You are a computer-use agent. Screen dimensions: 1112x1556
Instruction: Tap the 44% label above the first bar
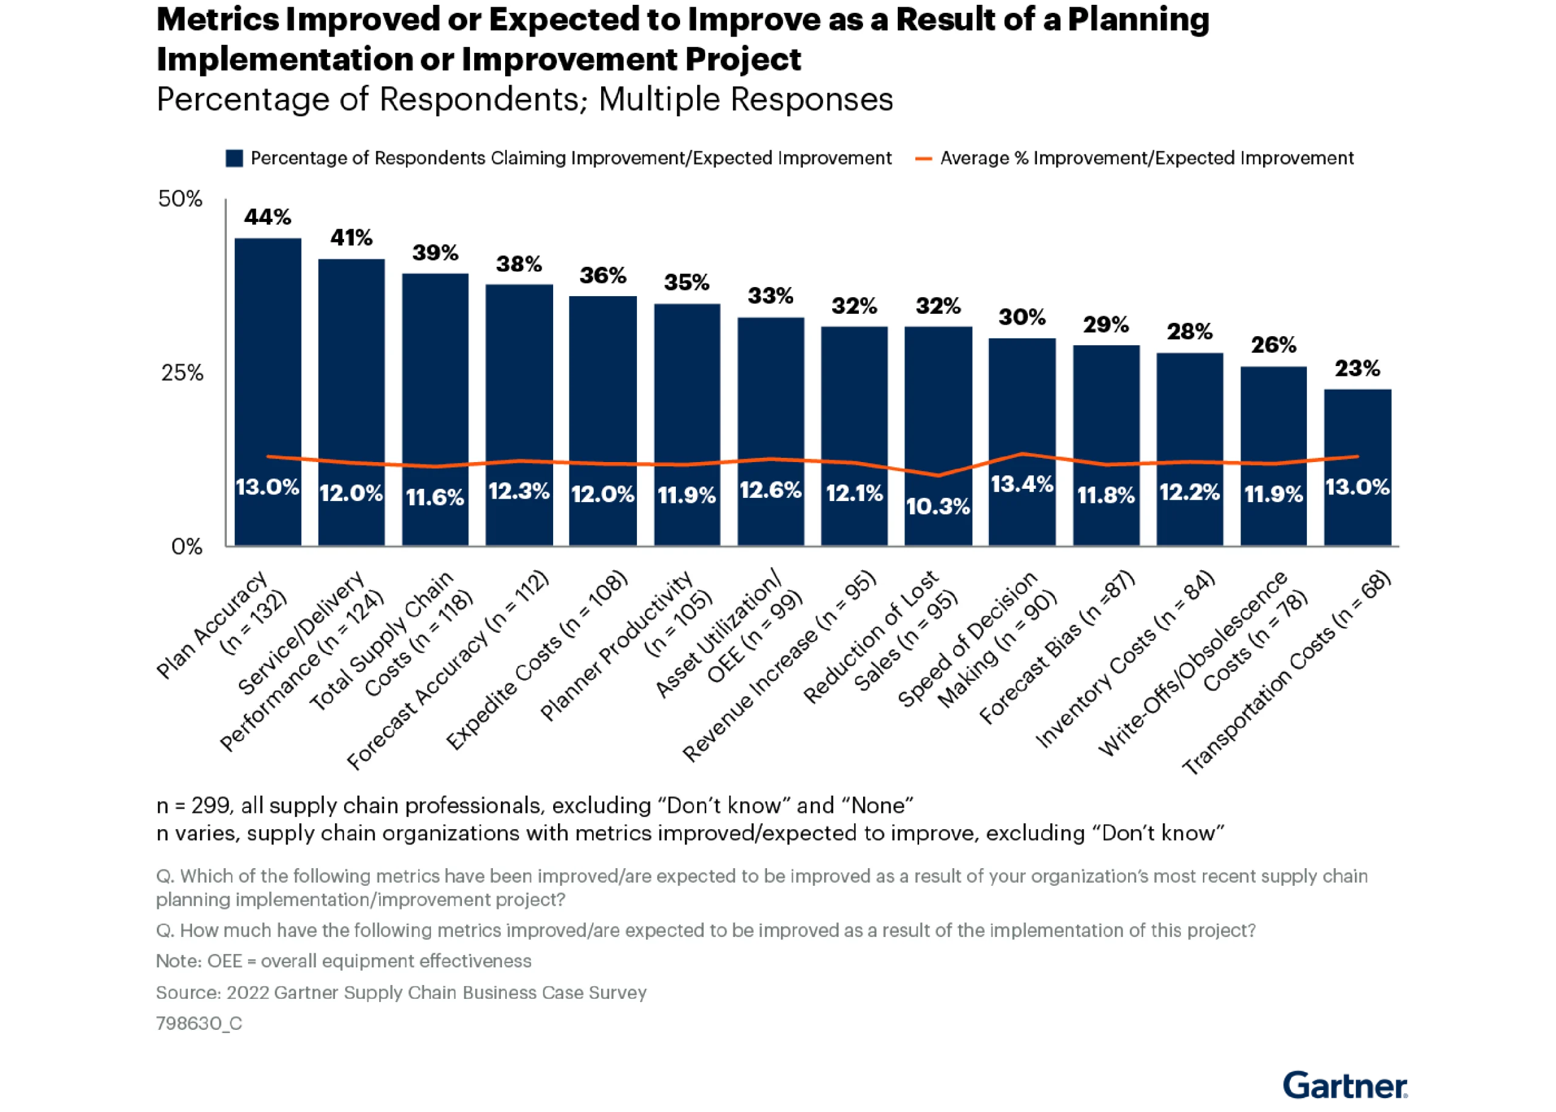[x=267, y=218]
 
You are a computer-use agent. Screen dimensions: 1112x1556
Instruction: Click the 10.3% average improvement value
[x=938, y=506]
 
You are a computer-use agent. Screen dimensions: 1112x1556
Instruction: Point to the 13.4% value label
[x=1022, y=485]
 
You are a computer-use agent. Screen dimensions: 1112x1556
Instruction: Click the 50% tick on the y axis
[x=180, y=199]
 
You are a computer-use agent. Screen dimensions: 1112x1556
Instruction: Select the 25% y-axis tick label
[x=182, y=373]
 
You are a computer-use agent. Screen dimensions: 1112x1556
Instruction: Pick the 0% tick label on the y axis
[x=187, y=547]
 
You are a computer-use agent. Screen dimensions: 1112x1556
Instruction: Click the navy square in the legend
[x=235, y=159]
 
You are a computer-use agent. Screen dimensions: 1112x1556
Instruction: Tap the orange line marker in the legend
[x=923, y=159]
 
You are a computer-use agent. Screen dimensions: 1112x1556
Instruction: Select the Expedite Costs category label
[x=537, y=660]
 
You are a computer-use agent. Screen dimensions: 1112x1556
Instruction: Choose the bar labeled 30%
[x=1022, y=441]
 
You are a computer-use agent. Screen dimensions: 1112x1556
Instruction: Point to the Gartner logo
[x=1344, y=1085]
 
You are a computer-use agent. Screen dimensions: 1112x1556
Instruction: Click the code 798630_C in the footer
[x=199, y=1023]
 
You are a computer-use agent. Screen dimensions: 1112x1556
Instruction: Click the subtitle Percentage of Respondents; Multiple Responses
[x=525, y=99]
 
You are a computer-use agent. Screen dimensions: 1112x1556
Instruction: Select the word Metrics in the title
[x=218, y=20]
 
